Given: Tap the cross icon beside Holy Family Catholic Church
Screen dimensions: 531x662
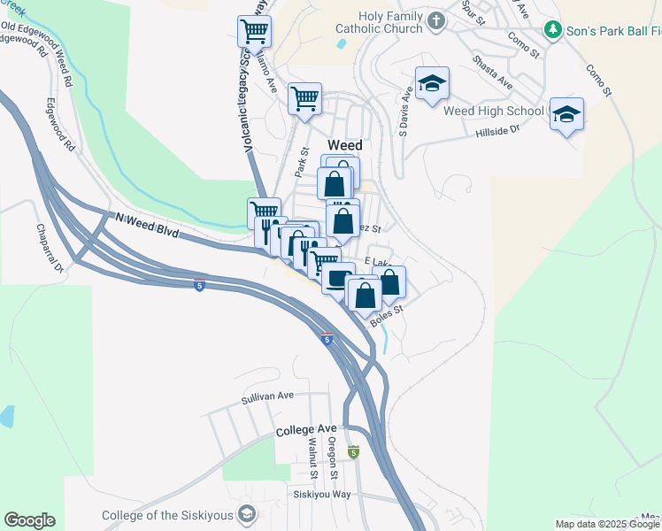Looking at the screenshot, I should click(x=435, y=20).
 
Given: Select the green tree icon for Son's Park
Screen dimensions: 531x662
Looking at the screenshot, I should click(x=553, y=31).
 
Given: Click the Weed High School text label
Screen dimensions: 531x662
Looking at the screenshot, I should click(x=492, y=111).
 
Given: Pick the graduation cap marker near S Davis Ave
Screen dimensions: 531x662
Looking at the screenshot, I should click(x=432, y=85).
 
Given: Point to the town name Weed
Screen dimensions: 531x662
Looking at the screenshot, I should click(x=345, y=145).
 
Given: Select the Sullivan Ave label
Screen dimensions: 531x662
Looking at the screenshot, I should click(x=266, y=399).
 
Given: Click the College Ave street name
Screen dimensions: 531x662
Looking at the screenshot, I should click(x=306, y=430).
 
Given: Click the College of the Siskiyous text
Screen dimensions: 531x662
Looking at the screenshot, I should click(x=168, y=516).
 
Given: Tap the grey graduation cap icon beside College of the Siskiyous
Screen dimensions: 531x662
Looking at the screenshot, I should click(x=247, y=514).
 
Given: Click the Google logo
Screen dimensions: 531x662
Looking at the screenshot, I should click(x=29, y=520).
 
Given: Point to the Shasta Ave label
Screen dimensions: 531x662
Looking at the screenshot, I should click(x=492, y=74).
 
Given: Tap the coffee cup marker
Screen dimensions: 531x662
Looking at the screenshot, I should click(x=337, y=278).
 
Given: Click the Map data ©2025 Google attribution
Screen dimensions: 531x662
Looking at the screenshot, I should click(x=607, y=524).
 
